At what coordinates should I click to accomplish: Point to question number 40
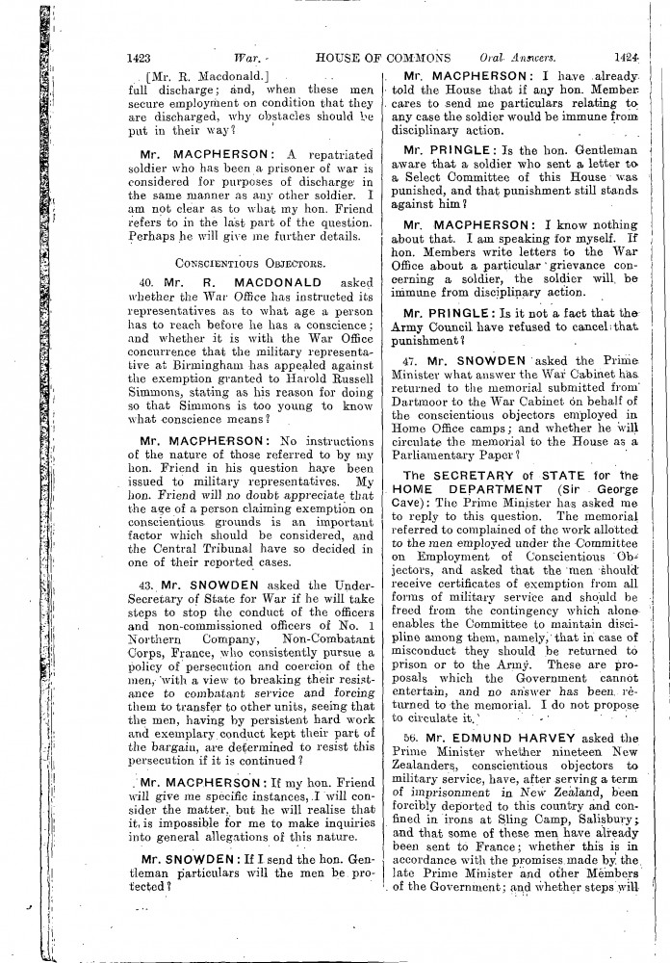pyautogui.click(x=146, y=283)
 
